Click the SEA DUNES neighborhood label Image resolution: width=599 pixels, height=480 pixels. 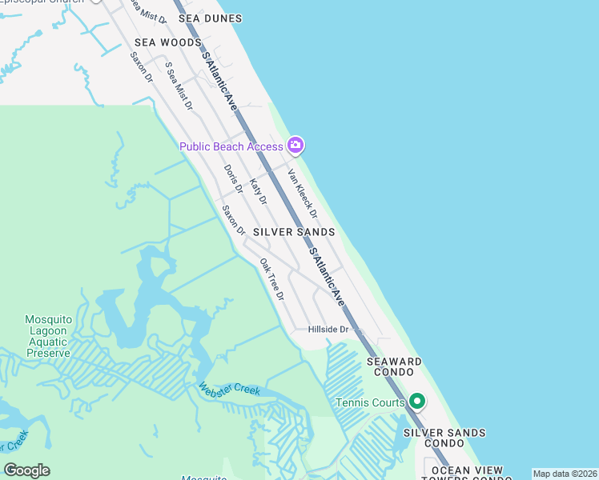pos(210,18)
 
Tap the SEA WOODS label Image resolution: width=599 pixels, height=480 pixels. pos(168,42)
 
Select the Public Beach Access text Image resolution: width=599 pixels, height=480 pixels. pos(231,146)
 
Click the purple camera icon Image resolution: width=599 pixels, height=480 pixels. pos(295,145)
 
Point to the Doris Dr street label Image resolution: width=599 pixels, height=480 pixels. pos(233,179)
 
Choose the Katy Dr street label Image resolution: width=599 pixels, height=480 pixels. pos(258,191)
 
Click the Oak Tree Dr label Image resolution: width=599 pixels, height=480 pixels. pos(272,278)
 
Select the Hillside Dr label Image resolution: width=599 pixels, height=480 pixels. pos(329,330)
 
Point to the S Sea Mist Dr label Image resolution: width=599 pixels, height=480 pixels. pos(179,86)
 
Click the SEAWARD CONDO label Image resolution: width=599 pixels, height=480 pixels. pos(394,367)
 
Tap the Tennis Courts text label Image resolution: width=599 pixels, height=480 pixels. pos(370,402)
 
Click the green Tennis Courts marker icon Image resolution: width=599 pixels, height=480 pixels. pos(416,401)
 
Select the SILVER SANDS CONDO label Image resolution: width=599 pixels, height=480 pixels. pos(444,438)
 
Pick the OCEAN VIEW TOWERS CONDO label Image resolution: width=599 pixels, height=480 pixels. pos(468,474)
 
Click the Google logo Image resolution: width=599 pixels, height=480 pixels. pos(26,470)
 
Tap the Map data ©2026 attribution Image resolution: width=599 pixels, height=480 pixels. pos(565,474)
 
